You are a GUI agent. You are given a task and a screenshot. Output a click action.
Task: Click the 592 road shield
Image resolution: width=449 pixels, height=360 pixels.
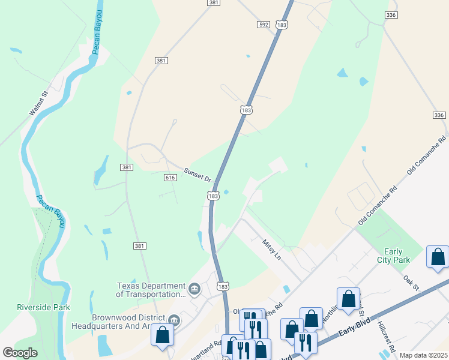[x=264, y=25]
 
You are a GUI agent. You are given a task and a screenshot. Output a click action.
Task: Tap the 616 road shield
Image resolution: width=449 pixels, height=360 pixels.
[x=170, y=178]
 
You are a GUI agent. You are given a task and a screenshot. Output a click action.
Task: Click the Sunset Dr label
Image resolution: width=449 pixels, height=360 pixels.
[x=198, y=175]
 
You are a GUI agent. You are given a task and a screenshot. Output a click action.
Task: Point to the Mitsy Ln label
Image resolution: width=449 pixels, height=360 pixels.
[x=271, y=250]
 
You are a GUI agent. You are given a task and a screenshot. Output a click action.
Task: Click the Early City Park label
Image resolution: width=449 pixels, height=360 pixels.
[x=394, y=256]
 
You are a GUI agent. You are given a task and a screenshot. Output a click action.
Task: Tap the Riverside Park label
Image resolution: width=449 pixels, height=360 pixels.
[x=43, y=307]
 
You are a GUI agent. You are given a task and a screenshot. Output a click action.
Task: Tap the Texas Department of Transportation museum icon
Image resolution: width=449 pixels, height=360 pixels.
[x=194, y=290]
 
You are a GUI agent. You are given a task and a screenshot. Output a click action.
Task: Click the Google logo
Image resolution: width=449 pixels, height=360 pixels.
[x=20, y=353]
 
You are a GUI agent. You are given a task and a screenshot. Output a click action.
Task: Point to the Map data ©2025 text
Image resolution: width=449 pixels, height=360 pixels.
[x=423, y=355]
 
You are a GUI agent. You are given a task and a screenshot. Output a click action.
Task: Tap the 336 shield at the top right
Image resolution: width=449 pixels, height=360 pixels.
[x=391, y=14]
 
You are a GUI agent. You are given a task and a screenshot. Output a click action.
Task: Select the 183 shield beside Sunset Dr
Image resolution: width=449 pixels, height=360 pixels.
[x=213, y=196]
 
